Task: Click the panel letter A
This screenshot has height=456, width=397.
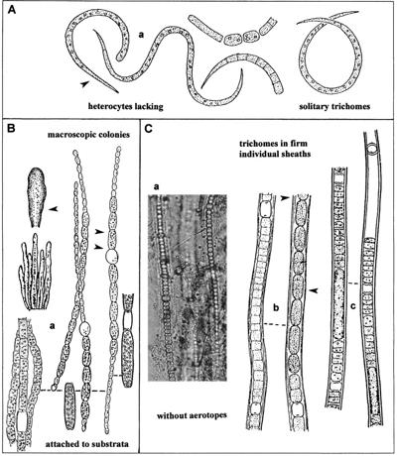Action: pos(12,10)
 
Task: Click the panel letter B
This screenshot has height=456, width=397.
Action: pos(12,128)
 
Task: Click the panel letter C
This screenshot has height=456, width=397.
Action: pos(149,128)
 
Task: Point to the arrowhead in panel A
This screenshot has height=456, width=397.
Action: pos(84,85)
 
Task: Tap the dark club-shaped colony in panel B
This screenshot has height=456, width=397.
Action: pos(38,197)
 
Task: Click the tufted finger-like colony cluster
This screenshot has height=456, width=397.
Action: pos(36,272)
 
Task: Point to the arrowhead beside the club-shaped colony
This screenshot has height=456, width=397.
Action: pos(54,208)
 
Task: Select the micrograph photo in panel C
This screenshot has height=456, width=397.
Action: pos(187,287)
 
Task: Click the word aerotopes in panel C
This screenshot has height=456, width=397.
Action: pos(208,414)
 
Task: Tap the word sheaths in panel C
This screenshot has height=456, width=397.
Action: pos(298,154)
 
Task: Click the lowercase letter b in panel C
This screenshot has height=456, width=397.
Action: pos(276,307)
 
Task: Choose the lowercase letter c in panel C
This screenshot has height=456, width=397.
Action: pos(353,307)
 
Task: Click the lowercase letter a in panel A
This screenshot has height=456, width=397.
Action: pos(141,35)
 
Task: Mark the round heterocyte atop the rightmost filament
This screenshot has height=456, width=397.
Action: pos(374,149)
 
